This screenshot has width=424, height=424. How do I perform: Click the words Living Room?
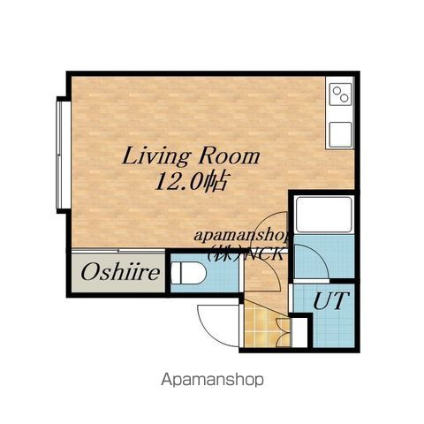(191, 156)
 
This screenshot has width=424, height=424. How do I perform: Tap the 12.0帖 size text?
(192, 182)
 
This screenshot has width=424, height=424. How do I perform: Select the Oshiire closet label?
(120, 273)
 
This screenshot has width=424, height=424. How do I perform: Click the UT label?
(331, 300)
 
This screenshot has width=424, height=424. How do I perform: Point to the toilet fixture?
(188, 273)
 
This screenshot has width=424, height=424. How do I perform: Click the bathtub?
(324, 215)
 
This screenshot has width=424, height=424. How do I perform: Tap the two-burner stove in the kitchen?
(340, 94)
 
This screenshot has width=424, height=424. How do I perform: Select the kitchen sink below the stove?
(340, 134)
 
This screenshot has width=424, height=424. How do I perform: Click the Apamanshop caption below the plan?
(212, 380)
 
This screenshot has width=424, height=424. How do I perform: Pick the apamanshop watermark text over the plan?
(242, 235)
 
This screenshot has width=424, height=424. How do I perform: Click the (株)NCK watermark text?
(246, 254)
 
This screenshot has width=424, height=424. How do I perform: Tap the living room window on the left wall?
(61, 155)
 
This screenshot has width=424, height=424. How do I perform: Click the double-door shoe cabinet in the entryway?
(284, 332)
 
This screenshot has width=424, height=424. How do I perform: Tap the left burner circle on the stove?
(336, 91)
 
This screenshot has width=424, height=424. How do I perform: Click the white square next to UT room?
(299, 332)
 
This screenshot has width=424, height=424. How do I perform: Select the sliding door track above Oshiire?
(118, 251)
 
